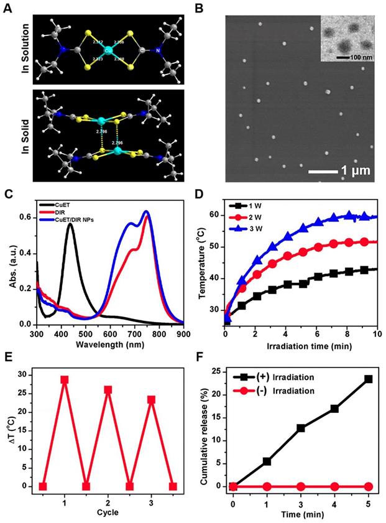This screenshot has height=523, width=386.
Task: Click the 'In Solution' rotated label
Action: click(x=23, y=49)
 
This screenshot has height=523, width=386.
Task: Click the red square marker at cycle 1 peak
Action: click(x=65, y=379)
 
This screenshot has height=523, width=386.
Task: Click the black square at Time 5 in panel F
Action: click(x=368, y=379)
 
